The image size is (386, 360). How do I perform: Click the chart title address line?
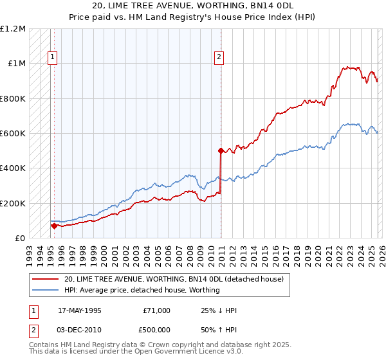[193, 6]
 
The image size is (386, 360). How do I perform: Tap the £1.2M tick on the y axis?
[13, 29]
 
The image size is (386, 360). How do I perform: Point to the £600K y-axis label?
[13, 134]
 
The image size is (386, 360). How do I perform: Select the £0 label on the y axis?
[21, 239]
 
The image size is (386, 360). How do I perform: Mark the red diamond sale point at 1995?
[54, 226]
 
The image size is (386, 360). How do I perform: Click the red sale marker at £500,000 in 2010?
[220, 151]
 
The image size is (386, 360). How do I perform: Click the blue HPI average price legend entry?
[142, 290]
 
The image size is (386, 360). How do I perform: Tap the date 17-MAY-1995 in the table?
[80, 310]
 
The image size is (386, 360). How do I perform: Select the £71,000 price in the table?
[156, 310]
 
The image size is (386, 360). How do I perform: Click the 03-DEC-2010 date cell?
[80, 328]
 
